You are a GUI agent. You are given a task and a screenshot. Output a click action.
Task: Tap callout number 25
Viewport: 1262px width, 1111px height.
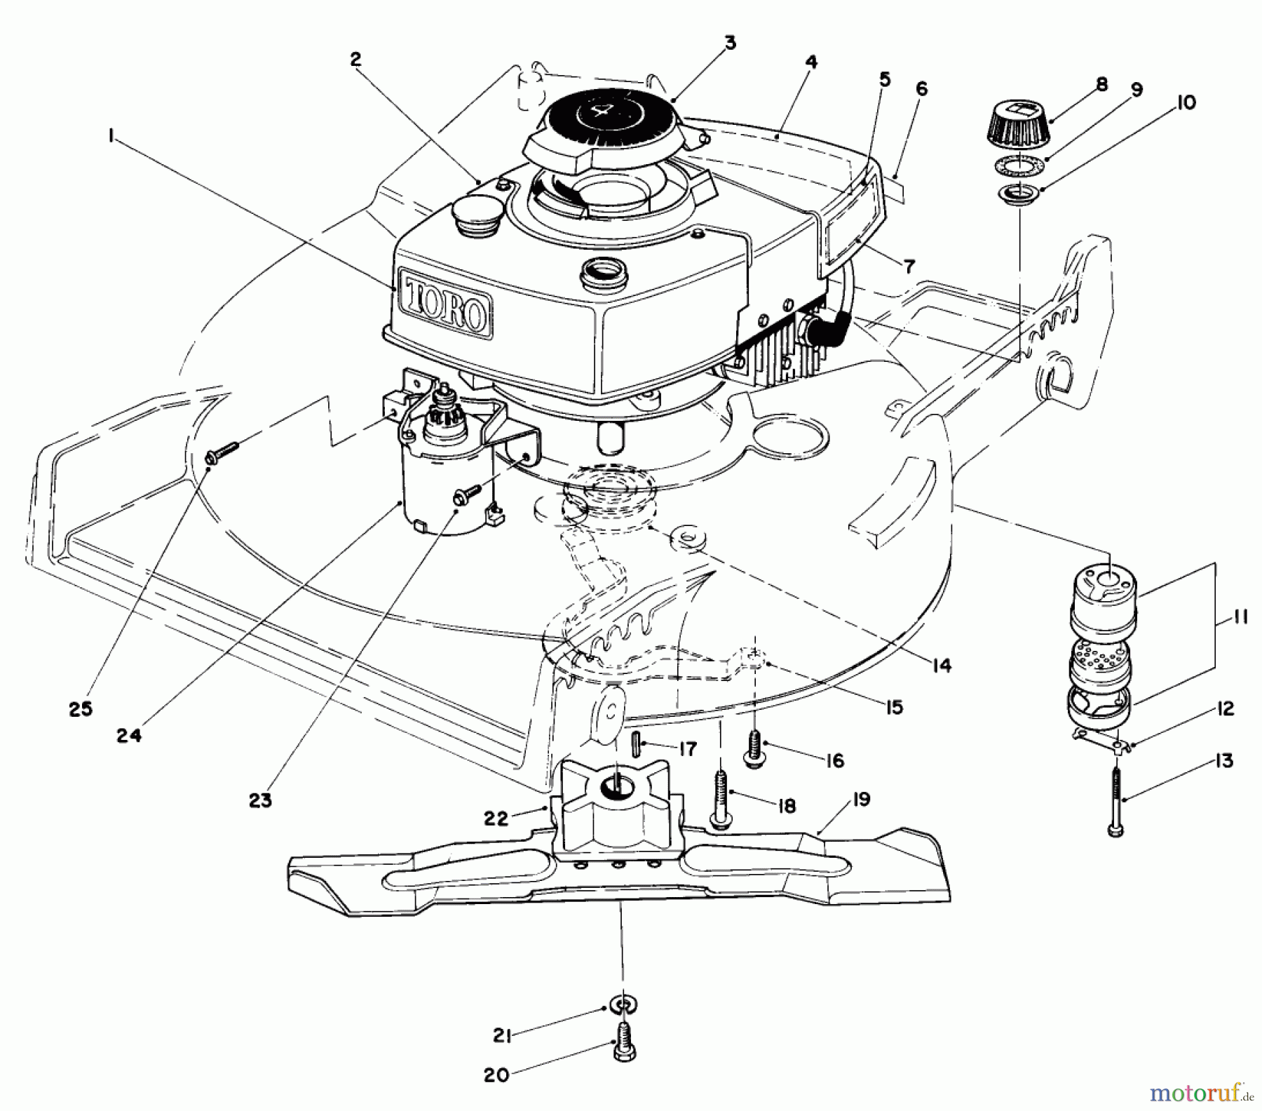click(x=81, y=708)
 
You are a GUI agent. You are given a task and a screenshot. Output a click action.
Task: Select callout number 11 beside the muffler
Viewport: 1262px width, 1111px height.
click(x=1239, y=620)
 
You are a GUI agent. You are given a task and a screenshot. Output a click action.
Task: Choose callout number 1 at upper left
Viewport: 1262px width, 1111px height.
click(x=111, y=138)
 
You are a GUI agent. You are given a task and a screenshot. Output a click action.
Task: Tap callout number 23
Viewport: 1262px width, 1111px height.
click(x=260, y=800)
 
